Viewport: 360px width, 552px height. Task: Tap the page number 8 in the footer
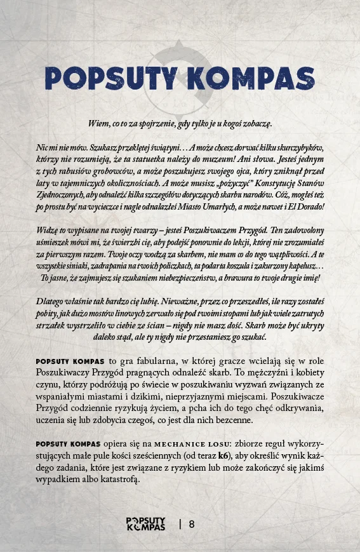[x=192, y=525]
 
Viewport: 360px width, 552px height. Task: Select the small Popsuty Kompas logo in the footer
[x=145, y=524]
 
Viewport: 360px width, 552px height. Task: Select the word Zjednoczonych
[x=60, y=196]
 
